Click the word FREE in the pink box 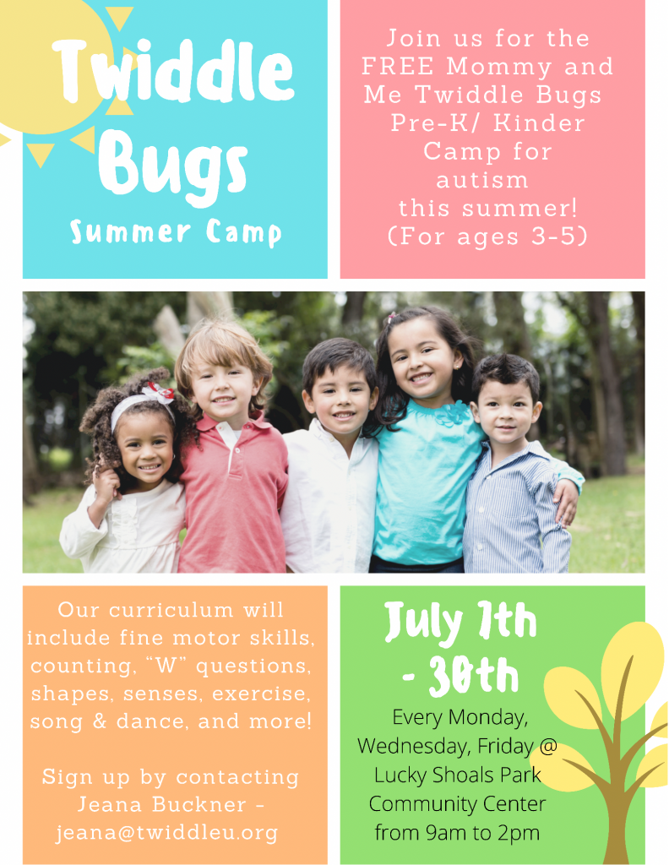(397, 66)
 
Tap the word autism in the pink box (482, 180)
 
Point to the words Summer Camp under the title (176, 232)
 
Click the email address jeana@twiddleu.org (167, 832)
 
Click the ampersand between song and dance (100, 721)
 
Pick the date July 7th (460, 623)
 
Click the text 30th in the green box (474, 675)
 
